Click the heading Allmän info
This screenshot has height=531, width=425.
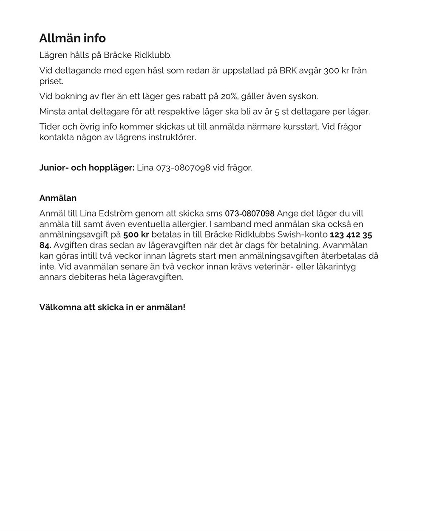pyautogui.click(x=72, y=38)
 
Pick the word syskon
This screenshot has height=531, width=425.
pyautogui.click(x=303, y=96)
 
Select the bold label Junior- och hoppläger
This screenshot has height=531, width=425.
pyautogui.click(x=87, y=168)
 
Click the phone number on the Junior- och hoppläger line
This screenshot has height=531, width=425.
pyautogui.click(x=183, y=168)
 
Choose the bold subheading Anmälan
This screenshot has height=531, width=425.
pyautogui.click(x=58, y=198)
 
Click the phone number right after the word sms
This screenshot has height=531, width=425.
pyautogui.click(x=249, y=213)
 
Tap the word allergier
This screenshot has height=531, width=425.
pyautogui.click(x=228, y=224)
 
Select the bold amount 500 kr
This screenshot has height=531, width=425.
pyautogui.click(x=136, y=234)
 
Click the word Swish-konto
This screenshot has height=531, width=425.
pyautogui.click(x=302, y=234)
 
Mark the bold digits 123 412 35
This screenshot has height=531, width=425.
pyautogui.click(x=351, y=234)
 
